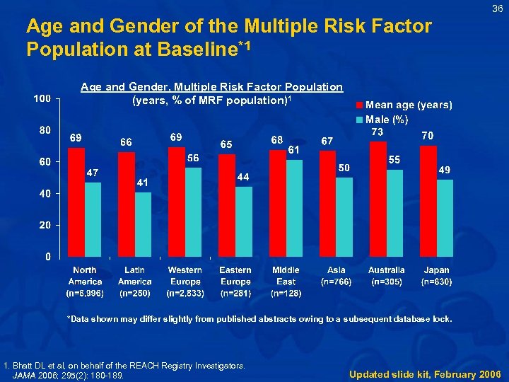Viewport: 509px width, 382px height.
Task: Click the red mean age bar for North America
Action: click(76, 202)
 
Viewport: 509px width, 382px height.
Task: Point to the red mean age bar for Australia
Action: click(378, 199)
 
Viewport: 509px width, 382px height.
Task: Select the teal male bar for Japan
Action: click(445, 218)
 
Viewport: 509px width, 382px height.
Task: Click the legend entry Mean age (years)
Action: click(409, 105)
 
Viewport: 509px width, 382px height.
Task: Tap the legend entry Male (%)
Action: click(387, 119)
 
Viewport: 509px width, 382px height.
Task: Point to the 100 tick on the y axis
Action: click(42, 98)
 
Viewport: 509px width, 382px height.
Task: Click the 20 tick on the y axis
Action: click(45, 225)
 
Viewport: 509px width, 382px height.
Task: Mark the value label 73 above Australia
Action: click(378, 132)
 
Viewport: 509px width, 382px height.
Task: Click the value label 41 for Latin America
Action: click(143, 183)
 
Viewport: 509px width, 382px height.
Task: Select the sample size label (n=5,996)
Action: click(85, 292)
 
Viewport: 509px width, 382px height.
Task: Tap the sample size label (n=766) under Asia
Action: click(337, 282)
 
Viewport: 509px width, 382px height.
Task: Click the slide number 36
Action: click(496, 8)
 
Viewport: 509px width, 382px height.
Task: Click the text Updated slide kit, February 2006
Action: click(425, 374)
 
